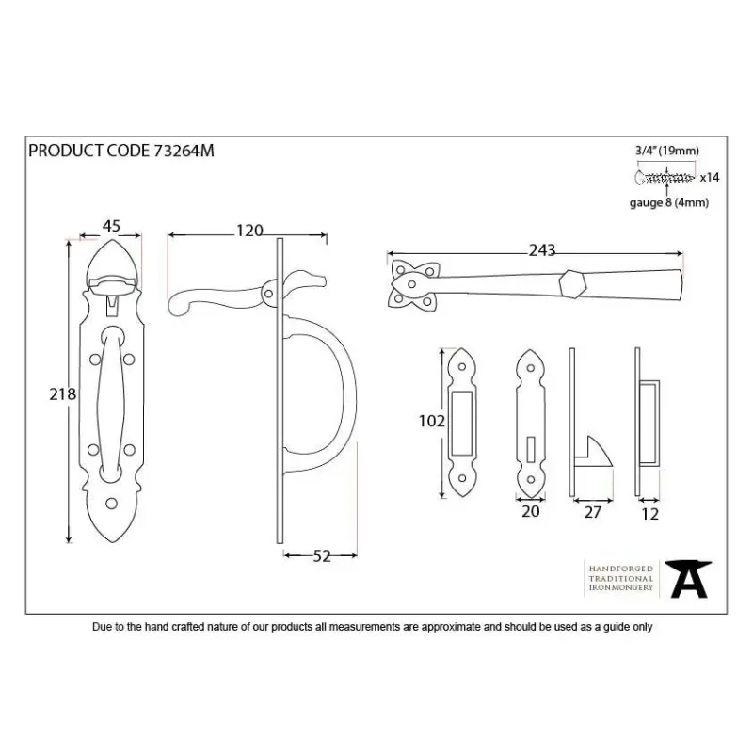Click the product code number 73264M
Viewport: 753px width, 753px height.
(184, 151)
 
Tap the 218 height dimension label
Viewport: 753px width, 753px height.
(62, 394)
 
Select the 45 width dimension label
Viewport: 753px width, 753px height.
(111, 226)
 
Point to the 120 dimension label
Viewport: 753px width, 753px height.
(249, 231)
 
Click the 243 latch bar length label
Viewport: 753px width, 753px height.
(542, 250)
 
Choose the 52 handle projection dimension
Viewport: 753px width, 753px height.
(322, 556)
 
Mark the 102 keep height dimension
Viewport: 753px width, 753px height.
(432, 421)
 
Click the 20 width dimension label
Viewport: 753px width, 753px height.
(531, 511)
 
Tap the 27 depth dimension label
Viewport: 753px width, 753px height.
(593, 512)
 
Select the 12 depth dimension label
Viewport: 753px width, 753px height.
(649, 514)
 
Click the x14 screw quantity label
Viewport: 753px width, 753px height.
(710, 178)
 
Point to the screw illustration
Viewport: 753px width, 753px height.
(665, 178)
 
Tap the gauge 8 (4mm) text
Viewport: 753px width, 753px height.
(669, 203)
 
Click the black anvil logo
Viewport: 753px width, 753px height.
(689, 579)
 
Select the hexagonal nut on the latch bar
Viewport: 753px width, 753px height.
(573, 284)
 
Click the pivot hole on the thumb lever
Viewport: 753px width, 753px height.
(269, 294)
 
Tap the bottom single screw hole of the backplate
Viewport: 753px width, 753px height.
(111, 504)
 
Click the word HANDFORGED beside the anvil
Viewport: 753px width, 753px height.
(621, 569)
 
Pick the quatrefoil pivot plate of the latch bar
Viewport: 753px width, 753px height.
(414, 284)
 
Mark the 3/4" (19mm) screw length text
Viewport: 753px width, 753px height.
(667, 151)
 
